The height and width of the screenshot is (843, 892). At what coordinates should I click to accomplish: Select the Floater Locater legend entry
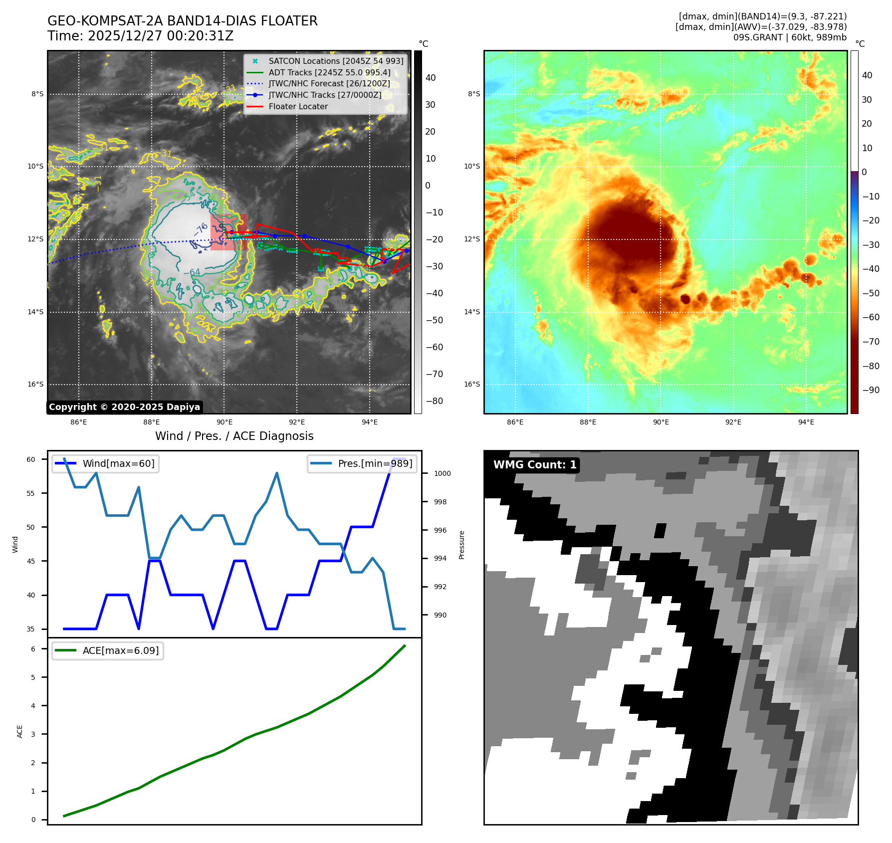[298, 106]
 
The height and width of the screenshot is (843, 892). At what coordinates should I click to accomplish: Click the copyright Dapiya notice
[124, 407]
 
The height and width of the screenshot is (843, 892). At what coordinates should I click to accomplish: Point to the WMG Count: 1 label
[535, 465]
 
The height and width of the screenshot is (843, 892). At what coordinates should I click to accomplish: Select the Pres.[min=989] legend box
[362, 463]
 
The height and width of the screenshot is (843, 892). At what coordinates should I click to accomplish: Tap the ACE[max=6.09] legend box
[108, 650]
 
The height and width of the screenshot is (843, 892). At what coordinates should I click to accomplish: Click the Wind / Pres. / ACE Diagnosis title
[234, 436]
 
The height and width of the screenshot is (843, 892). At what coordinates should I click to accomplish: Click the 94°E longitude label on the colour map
[806, 422]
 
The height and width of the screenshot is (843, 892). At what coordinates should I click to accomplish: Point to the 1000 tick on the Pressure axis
[442, 473]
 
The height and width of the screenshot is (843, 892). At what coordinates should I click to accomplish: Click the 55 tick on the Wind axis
[31, 493]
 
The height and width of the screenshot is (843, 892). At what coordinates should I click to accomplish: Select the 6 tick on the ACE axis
[33, 648]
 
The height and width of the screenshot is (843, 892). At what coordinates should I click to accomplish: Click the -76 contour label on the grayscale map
[201, 229]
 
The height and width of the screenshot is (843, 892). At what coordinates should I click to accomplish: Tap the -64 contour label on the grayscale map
[192, 272]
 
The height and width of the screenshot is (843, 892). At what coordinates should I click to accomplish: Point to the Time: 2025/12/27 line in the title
[140, 36]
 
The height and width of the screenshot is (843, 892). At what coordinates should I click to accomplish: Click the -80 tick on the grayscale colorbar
[434, 401]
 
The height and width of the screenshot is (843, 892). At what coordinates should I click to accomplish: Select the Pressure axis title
[461, 544]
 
